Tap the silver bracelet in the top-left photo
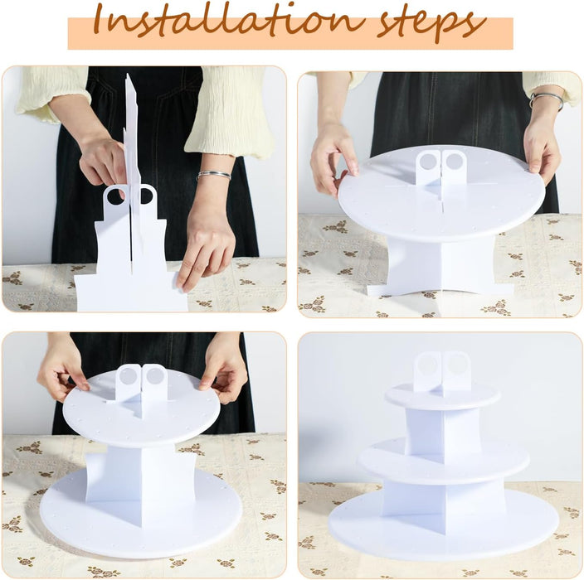tap(213, 175)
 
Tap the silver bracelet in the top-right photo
tap(547, 100)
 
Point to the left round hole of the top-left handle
tap(116, 196)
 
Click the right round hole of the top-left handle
tap(146, 196)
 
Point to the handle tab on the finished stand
tap(441, 371)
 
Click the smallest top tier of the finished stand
tap(442, 397)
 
